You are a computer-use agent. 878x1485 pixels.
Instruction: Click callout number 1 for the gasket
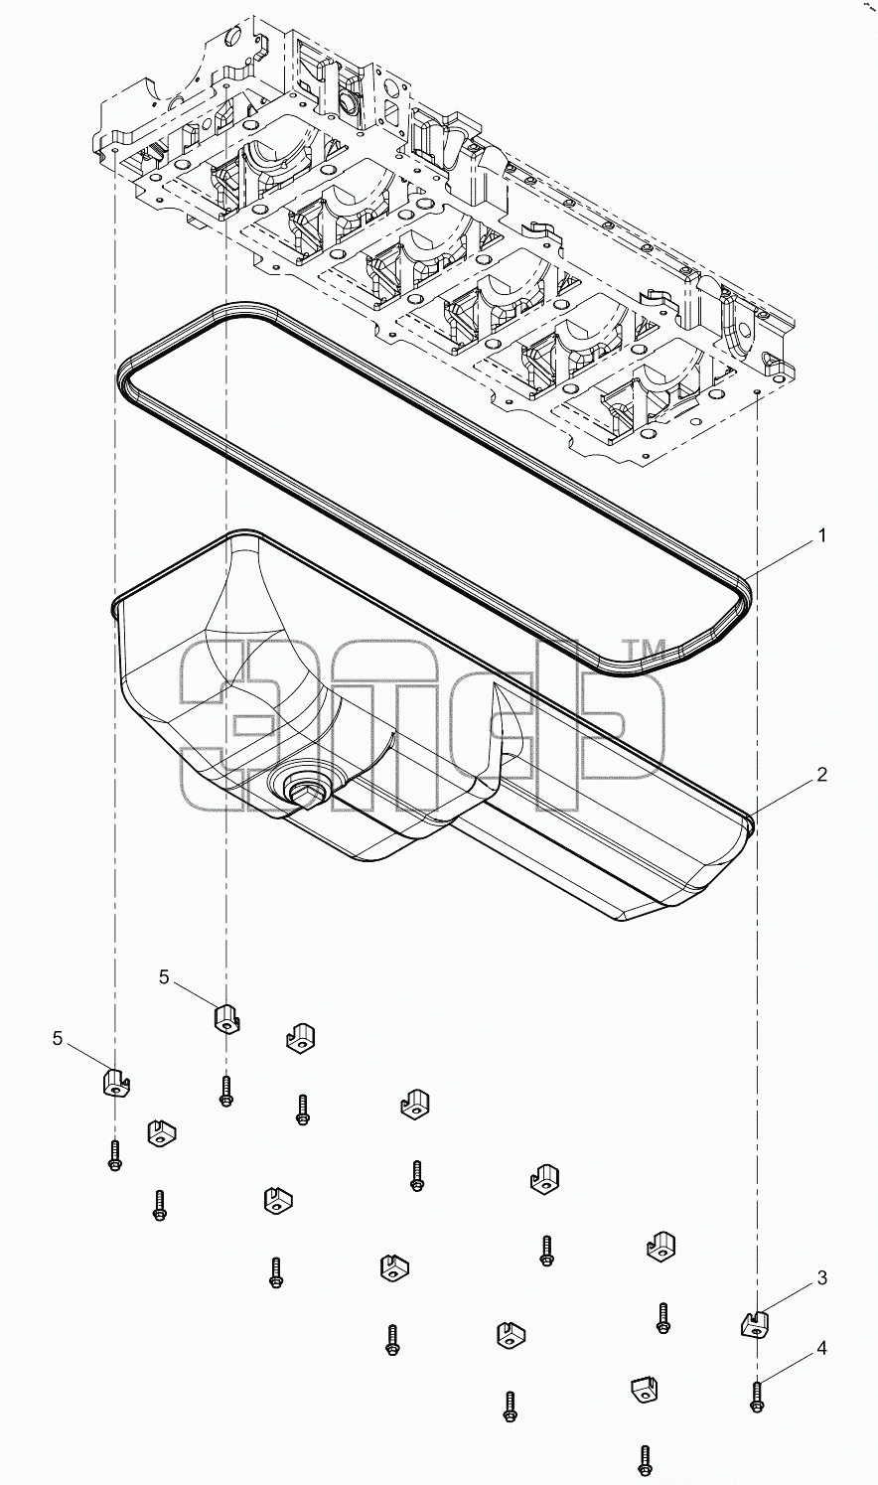point(821,535)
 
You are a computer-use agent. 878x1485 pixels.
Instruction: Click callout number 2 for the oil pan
point(821,774)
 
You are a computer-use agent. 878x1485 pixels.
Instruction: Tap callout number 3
point(821,1277)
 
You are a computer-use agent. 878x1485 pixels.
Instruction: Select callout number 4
point(821,1348)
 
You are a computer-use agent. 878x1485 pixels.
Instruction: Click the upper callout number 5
point(164,976)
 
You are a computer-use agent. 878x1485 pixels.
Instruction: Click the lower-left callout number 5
point(58,1039)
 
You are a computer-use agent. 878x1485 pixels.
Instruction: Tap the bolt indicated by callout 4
point(757,1395)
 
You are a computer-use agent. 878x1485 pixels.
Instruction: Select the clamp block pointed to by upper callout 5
point(226,1017)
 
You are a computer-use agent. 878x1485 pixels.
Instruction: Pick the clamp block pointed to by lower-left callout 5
point(116,1082)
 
